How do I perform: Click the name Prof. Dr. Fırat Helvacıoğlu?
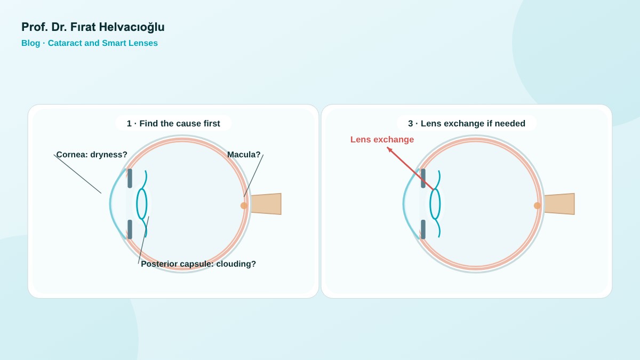[x=93, y=27]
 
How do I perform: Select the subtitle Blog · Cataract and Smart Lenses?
[x=90, y=43]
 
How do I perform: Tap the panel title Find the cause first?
[x=180, y=123]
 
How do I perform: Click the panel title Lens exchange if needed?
[x=473, y=123]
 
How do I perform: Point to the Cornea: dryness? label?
[x=92, y=155]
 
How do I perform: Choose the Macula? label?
[x=244, y=155]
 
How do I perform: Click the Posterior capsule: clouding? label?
[x=198, y=264]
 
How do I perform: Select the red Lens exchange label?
[x=382, y=139]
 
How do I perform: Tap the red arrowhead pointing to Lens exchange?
[x=389, y=149]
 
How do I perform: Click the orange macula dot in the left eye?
[x=244, y=205]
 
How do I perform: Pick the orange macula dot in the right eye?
[x=538, y=205]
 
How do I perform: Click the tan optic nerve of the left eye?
[x=266, y=204]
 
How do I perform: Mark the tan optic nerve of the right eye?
[x=559, y=204]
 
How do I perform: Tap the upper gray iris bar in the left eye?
[x=130, y=178]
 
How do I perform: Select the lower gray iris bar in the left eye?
[x=130, y=229]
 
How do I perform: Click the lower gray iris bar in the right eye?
[x=423, y=229]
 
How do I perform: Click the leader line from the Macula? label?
[x=253, y=175]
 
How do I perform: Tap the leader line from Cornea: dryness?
[x=77, y=174]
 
